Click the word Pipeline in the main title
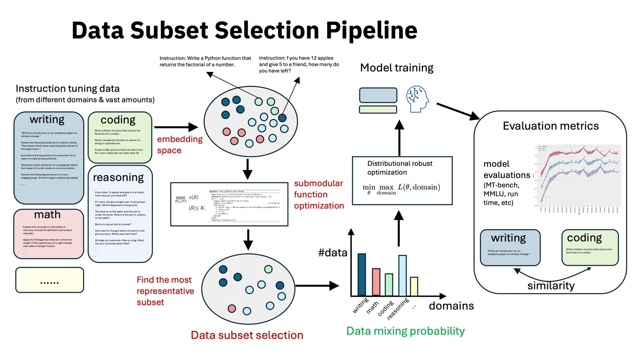point(371,30)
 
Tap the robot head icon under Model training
point(417,99)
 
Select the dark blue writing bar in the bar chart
point(362,274)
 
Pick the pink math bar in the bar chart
point(376,282)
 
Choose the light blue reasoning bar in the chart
point(402,275)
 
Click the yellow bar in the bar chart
point(414,286)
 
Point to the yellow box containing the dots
point(50,280)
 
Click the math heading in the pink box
point(47,215)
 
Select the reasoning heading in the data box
point(118,177)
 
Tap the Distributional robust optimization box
point(402,181)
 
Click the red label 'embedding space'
point(180,144)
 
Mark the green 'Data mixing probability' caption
point(405,331)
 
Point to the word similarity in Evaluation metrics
point(551,286)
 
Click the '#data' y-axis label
point(333,253)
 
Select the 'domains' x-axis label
point(451,306)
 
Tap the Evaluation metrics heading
point(550,126)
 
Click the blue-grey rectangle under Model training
point(378,95)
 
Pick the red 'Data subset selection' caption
point(247,335)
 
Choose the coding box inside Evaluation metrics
point(590,247)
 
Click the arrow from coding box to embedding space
point(176,127)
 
